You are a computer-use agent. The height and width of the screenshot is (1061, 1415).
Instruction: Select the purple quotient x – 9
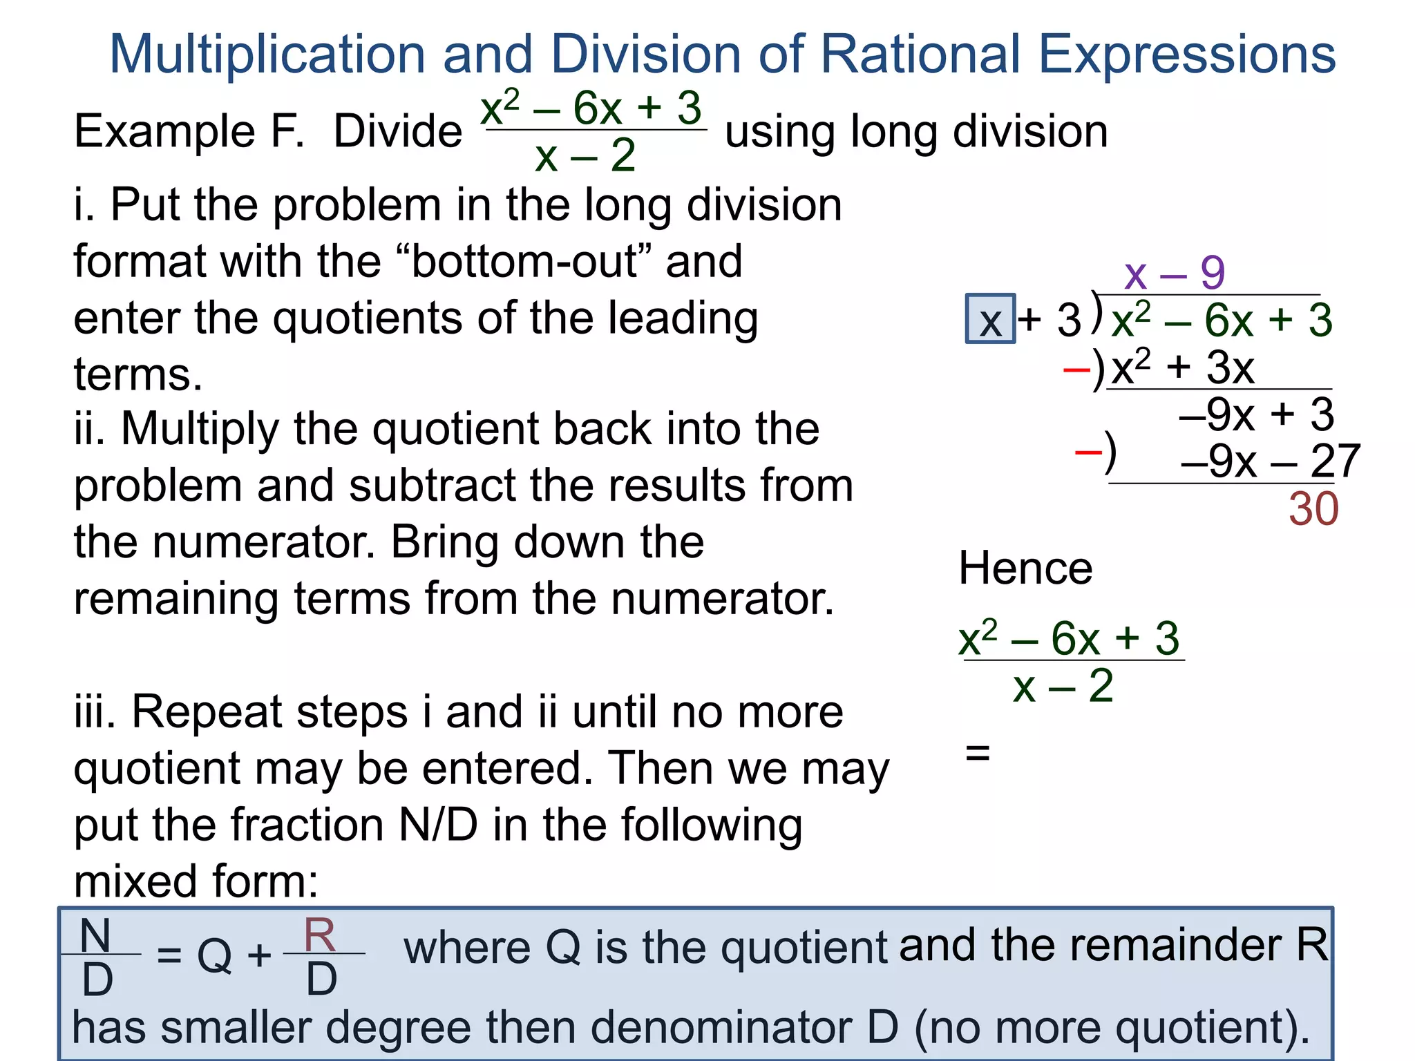click(1174, 274)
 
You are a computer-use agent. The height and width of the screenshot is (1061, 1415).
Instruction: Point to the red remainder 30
click(1313, 510)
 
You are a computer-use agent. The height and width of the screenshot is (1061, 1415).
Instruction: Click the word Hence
click(1025, 568)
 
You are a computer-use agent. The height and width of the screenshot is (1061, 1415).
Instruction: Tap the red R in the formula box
click(320, 935)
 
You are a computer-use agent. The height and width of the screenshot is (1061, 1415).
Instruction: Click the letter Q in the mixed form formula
click(214, 957)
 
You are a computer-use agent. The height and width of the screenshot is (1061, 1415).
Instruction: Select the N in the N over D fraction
click(95, 936)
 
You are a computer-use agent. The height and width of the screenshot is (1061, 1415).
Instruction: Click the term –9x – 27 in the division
click(1270, 461)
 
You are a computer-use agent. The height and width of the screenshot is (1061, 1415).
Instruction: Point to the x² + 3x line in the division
click(1182, 367)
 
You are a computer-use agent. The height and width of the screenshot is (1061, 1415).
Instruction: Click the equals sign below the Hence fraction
click(978, 752)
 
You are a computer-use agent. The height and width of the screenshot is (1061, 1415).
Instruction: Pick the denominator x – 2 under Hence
click(1063, 687)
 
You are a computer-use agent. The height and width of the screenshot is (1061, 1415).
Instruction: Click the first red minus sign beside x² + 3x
click(1076, 370)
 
